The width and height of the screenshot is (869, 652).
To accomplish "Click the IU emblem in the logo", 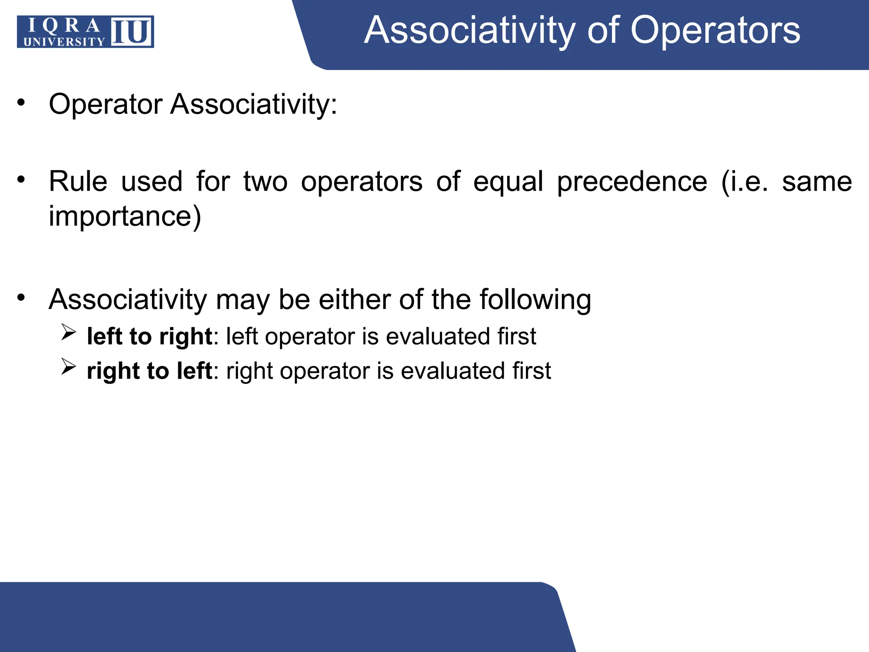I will click(x=132, y=32).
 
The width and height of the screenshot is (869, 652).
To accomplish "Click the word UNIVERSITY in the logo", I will click(x=64, y=42).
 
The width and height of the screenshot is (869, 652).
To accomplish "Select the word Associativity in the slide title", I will click(x=470, y=30).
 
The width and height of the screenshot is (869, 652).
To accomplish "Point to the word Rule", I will click(x=78, y=182).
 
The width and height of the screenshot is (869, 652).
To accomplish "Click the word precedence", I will click(x=632, y=182).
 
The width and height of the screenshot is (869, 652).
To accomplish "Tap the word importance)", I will click(x=125, y=216).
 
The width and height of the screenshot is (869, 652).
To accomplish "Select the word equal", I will click(x=508, y=182).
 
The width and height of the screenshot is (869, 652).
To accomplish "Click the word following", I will click(x=535, y=300).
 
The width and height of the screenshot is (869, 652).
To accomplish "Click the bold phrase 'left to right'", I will click(x=149, y=337).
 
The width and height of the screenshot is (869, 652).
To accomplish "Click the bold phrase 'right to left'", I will click(x=149, y=371).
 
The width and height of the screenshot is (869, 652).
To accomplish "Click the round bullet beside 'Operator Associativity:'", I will click(x=21, y=102).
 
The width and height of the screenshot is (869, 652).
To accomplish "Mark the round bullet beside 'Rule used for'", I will click(x=21, y=180).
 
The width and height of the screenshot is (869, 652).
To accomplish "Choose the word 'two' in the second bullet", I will click(x=265, y=182).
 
